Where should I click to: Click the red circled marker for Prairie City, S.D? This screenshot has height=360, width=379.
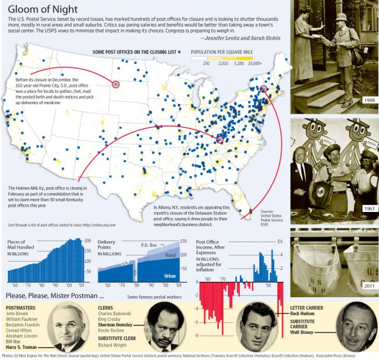115,84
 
